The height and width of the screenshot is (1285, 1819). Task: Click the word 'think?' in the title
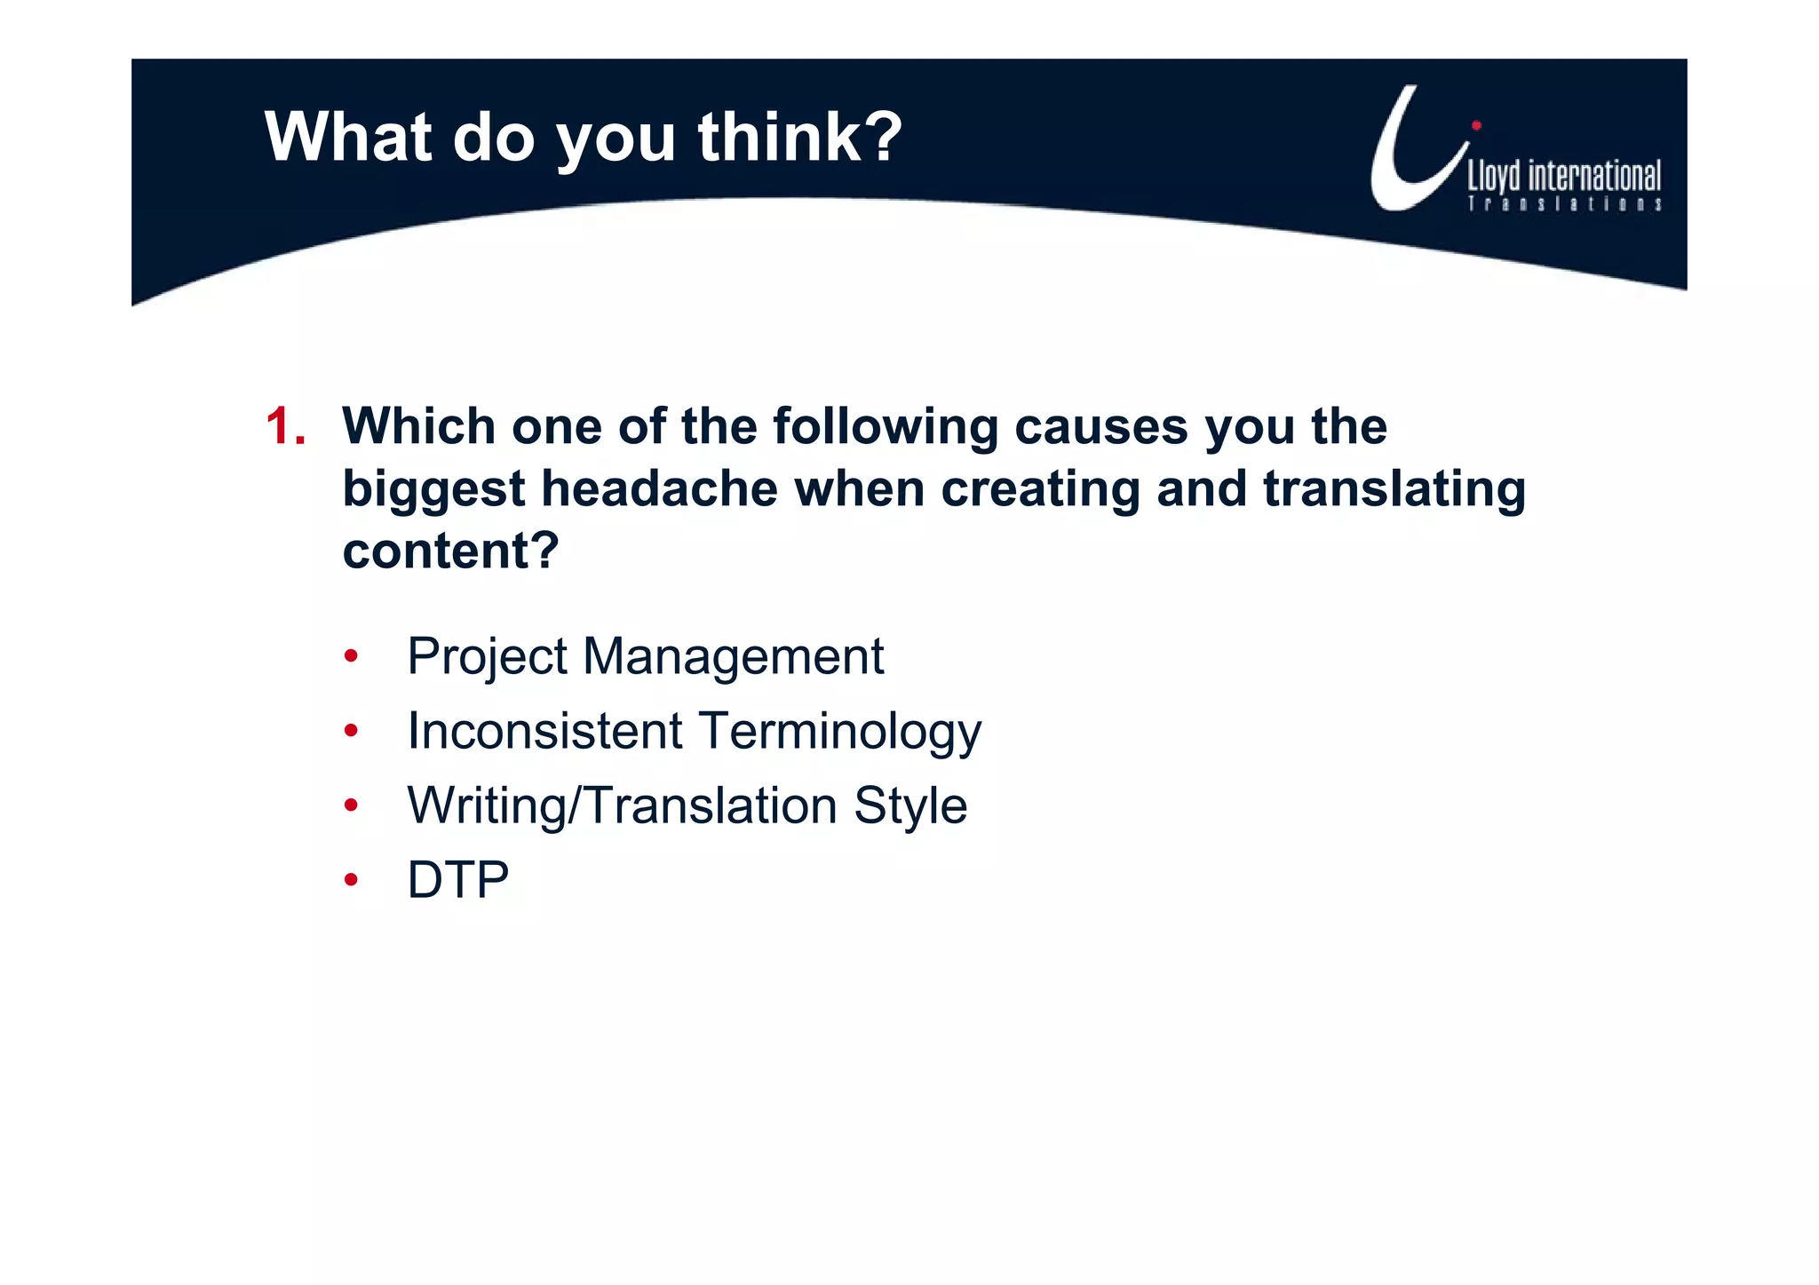pos(799,138)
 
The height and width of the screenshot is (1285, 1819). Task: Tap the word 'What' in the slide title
pos(348,138)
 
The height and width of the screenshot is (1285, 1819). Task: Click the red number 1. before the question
pos(285,427)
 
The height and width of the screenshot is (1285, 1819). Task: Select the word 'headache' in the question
pos(659,489)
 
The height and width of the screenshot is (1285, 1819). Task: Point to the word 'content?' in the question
pos(450,551)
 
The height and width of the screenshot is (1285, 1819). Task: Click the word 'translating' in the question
pos(1394,489)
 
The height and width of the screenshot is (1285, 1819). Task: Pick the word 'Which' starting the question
pos(418,427)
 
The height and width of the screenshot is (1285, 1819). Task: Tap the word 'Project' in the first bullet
pos(487,658)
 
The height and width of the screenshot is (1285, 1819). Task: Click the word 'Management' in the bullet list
pos(733,658)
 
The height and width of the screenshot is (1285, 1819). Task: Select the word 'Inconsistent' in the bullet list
pos(544,732)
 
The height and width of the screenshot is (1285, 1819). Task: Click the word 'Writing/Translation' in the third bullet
pos(622,806)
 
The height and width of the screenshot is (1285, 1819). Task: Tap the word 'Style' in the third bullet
pos(910,806)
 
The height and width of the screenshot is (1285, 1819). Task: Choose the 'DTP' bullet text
pos(457,880)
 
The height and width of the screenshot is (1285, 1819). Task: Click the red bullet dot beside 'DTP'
pos(352,880)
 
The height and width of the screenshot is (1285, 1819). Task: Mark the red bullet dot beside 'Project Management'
pos(352,657)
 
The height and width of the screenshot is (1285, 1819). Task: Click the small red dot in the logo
pos(1476,125)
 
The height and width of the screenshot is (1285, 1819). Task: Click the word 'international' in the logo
pos(1593,177)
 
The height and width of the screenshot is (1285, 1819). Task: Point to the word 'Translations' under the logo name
pos(1564,204)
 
